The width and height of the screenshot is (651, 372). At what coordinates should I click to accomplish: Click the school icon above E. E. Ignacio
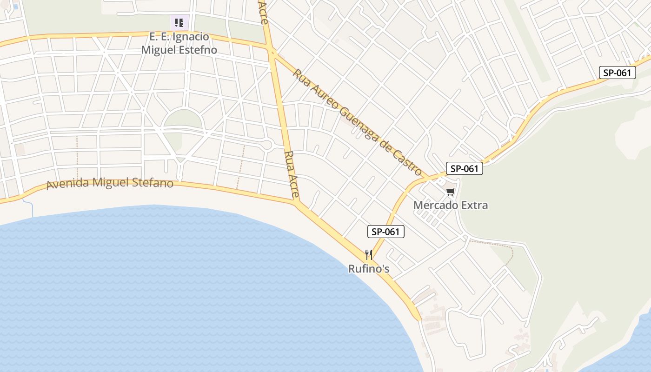click(x=179, y=22)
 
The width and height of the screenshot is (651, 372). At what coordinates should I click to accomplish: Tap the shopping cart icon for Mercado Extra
click(x=450, y=192)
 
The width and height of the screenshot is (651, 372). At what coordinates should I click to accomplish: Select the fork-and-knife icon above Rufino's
click(x=369, y=254)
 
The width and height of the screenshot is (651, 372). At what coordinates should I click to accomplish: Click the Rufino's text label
click(x=369, y=269)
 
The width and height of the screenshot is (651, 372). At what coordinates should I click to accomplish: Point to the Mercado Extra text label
click(x=450, y=205)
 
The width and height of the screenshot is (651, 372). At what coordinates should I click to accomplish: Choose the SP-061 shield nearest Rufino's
click(x=385, y=232)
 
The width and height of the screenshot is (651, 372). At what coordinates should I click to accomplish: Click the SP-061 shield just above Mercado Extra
click(x=464, y=168)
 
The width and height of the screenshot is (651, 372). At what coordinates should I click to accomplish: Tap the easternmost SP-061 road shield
click(x=617, y=73)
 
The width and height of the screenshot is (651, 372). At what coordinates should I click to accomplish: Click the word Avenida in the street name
click(x=68, y=184)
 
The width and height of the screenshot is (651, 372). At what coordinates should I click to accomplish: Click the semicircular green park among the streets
click(x=183, y=119)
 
